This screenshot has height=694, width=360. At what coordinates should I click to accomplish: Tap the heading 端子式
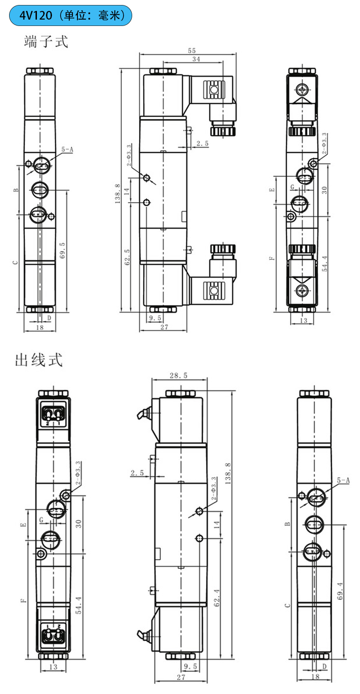pos(46,41)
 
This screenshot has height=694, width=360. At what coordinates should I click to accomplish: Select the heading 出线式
pos(39,360)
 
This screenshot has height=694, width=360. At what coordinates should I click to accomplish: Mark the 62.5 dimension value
pos(128,256)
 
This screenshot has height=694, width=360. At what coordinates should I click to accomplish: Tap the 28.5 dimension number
pos(179,376)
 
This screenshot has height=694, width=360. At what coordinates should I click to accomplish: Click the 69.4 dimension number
pos(340,591)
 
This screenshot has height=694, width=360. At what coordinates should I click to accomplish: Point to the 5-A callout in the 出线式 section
pos(343,480)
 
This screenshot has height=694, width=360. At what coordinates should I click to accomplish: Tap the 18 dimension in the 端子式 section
pos(40,327)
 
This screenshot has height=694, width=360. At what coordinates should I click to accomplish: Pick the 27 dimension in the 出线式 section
pos(181,677)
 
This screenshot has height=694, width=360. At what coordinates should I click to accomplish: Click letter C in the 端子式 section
pos(15,262)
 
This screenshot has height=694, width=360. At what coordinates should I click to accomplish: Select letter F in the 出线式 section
pos(23,600)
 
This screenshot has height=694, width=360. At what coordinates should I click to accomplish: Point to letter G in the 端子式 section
pos(293,187)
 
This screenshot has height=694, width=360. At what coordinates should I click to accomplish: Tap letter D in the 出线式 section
pos(324,667)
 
